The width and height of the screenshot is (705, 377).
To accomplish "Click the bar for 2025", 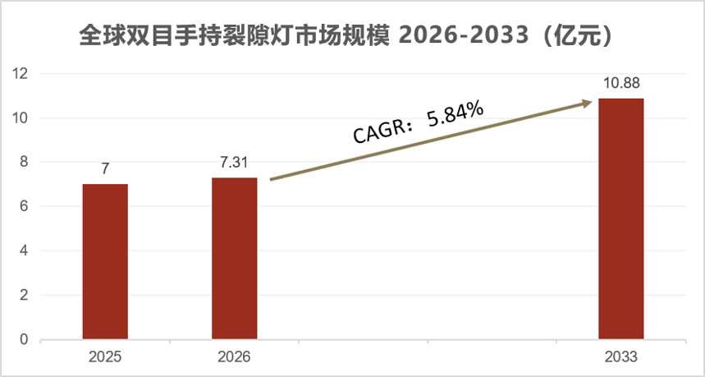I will coord(105,261).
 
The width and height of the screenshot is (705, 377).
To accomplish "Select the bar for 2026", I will coord(234,258).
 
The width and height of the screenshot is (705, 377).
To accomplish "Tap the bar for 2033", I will coord(620,218).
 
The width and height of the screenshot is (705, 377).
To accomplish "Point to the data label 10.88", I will coord(620,84).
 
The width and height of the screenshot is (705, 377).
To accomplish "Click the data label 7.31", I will coord(234,163).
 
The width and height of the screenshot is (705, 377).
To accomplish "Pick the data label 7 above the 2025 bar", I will coord(105,170).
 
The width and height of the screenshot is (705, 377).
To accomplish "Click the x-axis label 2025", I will coord(105,357).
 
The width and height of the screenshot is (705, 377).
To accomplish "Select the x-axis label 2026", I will coord(234,357).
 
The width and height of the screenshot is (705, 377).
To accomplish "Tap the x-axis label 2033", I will coord(620,357).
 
